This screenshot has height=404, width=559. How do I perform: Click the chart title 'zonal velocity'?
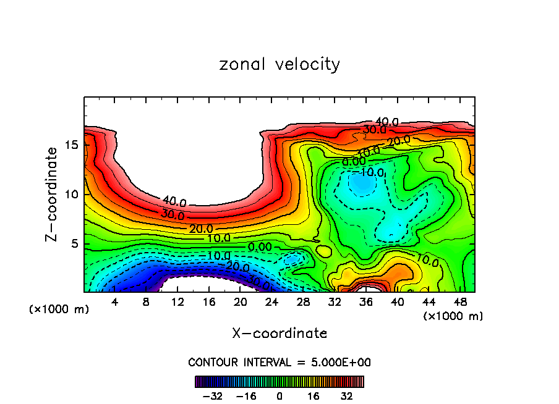tap(279, 64)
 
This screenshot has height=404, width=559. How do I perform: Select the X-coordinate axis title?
tap(279, 333)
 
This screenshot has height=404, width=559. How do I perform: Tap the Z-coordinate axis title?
tap(53, 195)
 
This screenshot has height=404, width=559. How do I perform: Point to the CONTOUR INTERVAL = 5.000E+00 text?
tap(279, 362)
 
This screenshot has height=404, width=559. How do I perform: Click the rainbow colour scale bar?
tap(279, 381)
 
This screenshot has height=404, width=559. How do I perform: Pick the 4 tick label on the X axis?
tap(115, 301)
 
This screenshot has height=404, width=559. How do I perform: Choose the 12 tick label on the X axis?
tap(177, 301)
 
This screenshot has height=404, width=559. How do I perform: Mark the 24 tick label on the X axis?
tap(271, 301)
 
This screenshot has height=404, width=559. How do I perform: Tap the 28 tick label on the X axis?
tap(303, 301)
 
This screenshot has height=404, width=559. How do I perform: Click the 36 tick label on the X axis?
tap(365, 301)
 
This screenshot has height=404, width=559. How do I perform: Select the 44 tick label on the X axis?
tap(429, 301)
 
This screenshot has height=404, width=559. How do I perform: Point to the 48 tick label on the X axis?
tap(459, 301)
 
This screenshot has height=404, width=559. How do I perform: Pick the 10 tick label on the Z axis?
tap(70, 194)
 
